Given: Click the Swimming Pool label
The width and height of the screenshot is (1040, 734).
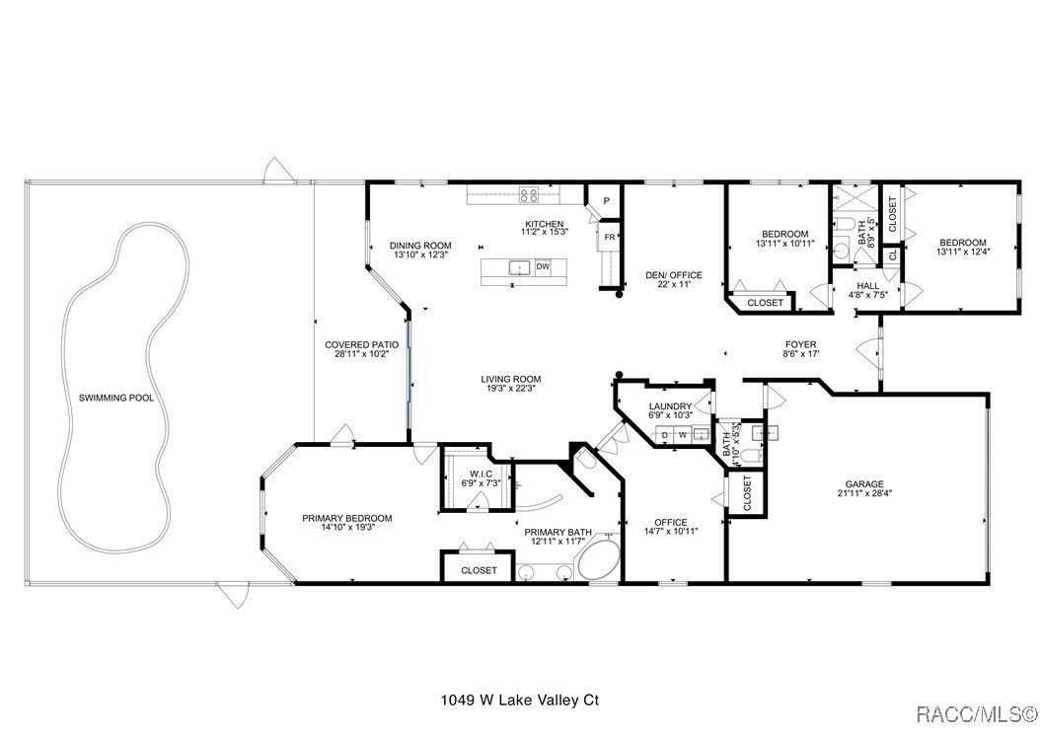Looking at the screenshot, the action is coord(116,398).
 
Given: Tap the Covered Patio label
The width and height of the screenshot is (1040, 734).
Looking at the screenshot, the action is coord(361,344).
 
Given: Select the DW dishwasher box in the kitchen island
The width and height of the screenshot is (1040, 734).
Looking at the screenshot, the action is coord(543,267).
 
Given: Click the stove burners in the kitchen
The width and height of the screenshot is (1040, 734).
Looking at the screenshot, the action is coord(529,194).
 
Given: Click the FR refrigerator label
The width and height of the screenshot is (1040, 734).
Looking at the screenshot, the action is coord(609,237).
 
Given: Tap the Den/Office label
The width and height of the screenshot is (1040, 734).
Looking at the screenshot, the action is coord(674,275).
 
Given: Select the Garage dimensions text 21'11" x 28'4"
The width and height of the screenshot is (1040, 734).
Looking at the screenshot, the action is coord(864,493).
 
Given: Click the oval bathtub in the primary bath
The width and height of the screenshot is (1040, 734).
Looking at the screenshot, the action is coord(598,557).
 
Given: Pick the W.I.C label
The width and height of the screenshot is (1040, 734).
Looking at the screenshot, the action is coord(481,474).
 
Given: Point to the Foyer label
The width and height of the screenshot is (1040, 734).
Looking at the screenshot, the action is coord(800,344).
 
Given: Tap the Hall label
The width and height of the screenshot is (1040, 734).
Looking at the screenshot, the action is coord(868,286).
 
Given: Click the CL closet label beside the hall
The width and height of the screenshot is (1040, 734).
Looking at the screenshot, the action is coord(892,254).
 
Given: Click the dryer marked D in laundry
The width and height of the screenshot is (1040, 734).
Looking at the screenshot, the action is coord(665,436).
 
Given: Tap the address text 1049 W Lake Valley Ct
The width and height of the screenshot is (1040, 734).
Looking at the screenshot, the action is coord(520,699).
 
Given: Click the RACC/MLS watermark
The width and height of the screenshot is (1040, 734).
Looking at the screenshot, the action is coord(976,714).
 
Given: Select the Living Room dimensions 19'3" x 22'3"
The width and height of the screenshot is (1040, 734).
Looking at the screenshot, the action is coord(511,389).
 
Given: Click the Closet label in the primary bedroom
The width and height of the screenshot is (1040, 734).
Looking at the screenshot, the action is coord(479,570).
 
